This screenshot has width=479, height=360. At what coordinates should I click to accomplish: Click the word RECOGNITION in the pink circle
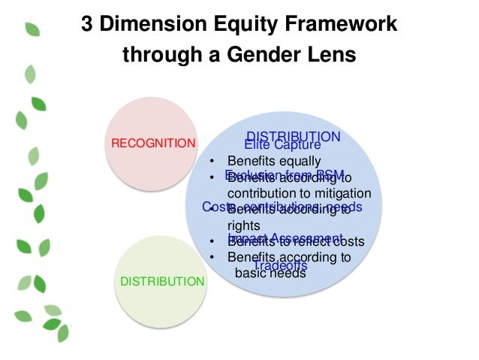pyautogui.click(x=153, y=143)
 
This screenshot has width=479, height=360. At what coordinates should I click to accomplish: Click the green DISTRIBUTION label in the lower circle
pyautogui.click(x=162, y=281)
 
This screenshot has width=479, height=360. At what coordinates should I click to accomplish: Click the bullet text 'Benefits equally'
pyautogui.click(x=274, y=161)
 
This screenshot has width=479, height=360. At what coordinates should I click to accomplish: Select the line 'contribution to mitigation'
pyautogui.click(x=299, y=192)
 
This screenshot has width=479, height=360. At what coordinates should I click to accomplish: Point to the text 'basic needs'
pyautogui.click(x=270, y=273)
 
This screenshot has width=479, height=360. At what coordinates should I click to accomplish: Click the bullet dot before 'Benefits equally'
pyautogui.click(x=212, y=162)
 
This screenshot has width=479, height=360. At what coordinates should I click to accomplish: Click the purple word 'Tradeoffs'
pyautogui.click(x=280, y=265)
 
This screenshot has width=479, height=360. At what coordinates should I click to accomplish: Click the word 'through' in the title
pyautogui.click(x=153, y=56)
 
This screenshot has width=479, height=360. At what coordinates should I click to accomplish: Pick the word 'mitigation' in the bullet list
pyautogui.click(x=342, y=192)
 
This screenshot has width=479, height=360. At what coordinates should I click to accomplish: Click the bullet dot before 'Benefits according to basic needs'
pyautogui.click(x=212, y=258)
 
